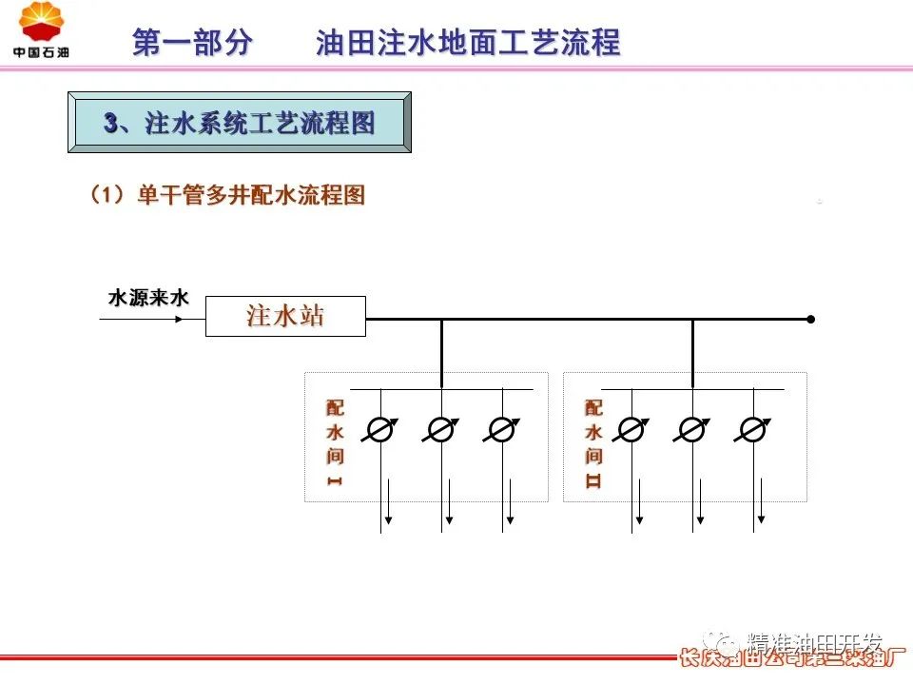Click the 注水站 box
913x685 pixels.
pyautogui.click(x=285, y=316)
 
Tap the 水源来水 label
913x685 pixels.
pyautogui.click(x=148, y=298)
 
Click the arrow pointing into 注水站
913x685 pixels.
pyautogui.click(x=143, y=320)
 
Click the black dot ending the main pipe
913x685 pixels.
pyautogui.click(x=810, y=320)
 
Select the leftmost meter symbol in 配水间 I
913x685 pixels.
pyautogui.click(x=380, y=430)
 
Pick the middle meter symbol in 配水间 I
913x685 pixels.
pyautogui.click(x=441, y=430)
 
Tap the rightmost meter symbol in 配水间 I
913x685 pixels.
pyautogui.click(x=501, y=430)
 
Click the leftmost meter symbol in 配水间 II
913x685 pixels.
pyautogui.click(x=631, y=430)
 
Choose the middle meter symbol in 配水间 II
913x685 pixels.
pyautogui.click(x=692, y=430)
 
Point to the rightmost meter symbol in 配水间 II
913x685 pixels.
pyautogui.click(x=753, y=430)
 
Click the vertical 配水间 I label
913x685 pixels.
pyautogui.click(x=335, y=442)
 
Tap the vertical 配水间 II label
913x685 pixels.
pyautogui.click(x=594, y=442)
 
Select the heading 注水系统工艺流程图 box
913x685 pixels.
pyautogui.click(x=240, y=122)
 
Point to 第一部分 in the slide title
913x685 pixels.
pyautogui.click(x=193, y=43)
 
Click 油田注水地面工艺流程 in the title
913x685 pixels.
pyautogui.click(x=468, y=43)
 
